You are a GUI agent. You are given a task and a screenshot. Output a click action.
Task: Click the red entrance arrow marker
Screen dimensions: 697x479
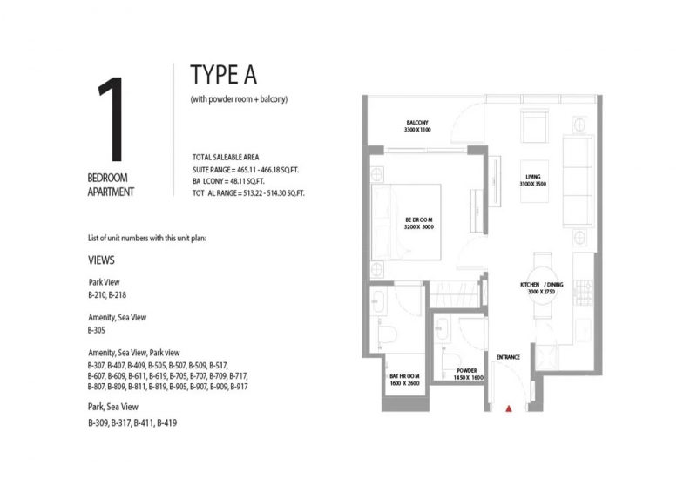tap(509, 408)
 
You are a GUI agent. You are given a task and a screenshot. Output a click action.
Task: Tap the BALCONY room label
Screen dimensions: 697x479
tap(417, 123)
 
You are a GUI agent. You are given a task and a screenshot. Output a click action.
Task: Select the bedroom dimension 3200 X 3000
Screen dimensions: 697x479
tap(419, 227)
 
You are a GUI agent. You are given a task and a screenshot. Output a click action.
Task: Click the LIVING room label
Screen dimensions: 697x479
tap(533, 177)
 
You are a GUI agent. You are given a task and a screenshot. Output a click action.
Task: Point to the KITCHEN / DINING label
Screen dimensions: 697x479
tap(541, 285)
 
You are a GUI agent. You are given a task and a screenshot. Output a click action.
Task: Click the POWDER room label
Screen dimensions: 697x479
tap(467, 371)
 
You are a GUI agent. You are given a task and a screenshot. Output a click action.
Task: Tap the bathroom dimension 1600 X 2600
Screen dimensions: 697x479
tap(404, 383)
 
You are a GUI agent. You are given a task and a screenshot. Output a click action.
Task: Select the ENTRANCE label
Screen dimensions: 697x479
tap(508, 357)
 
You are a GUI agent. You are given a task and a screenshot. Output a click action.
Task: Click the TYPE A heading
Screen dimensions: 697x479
tap(224, 75)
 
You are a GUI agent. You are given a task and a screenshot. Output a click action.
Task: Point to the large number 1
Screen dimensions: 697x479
tap(111, 119)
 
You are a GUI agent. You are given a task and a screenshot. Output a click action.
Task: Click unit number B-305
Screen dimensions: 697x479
tap(97, 331)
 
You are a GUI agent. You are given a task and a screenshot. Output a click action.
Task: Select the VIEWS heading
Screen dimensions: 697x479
tap(101, 260)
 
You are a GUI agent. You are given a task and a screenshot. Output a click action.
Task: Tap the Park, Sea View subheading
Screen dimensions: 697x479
tap(113, 407)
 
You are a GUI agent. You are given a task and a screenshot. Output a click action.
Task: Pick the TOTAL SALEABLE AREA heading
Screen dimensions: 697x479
tap(226, 158)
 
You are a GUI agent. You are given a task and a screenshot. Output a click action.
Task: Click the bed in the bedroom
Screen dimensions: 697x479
tap(406, 222)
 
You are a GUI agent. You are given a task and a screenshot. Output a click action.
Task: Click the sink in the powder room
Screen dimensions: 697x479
tap(442, 328)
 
